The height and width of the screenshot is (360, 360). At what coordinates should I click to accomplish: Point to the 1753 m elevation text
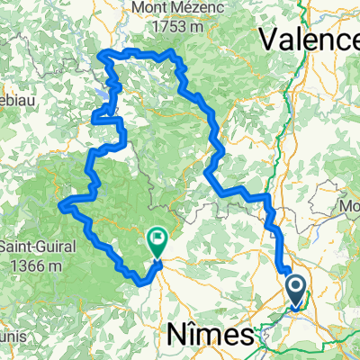tap(165, 27)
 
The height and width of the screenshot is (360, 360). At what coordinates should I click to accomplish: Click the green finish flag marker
tap(157, 240)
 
